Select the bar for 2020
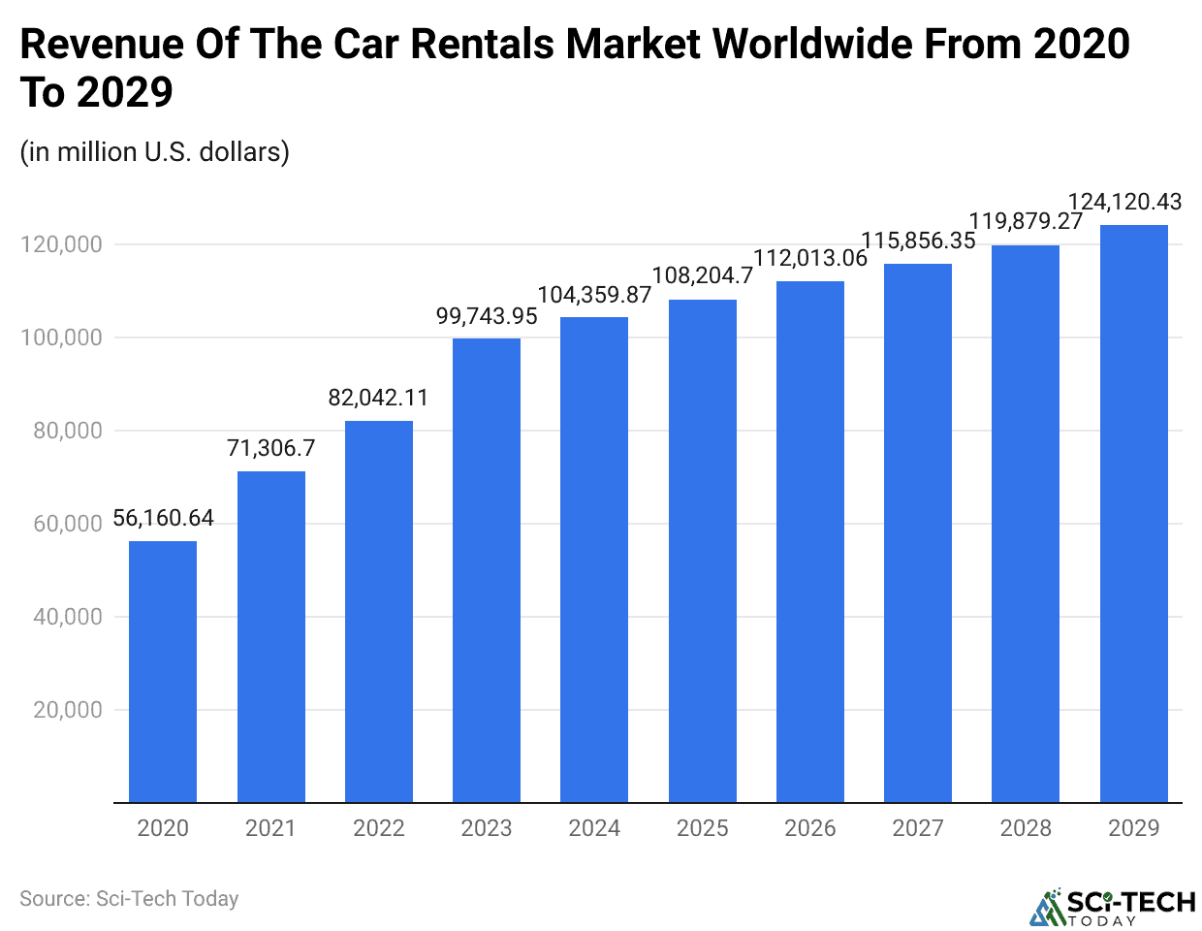pyautogui.click(x=163, y=671)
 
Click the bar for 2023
pyautogui.click(x=487, y=570)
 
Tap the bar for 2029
pyautogui.click(x=1133, y=514)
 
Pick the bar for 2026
pyautogui.click(x=810, y=542)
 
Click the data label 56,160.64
pyautogui.click(x=163, y=518)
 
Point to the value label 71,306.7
pyautogui.click(x=270, y=448)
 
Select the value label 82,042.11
pyautogui.click(x=378, y=398)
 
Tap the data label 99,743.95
pyautogui.click(x=487, y=316)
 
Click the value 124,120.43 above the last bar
pyautogui.click(x=1124, y=202)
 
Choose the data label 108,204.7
pyautogui.click(x=702, y=276)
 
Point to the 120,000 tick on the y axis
pyautogui.click(x=61, y=244)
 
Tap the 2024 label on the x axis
pyautogui.click(x=594, y=828)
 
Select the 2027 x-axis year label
pyautogui.click(x=918, y=828)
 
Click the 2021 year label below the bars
pyautogui.click(x=270, y=828)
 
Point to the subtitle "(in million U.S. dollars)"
pyautogui.click(x=154, y=152)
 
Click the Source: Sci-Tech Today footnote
pyautogui.click(x=129, y=899)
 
